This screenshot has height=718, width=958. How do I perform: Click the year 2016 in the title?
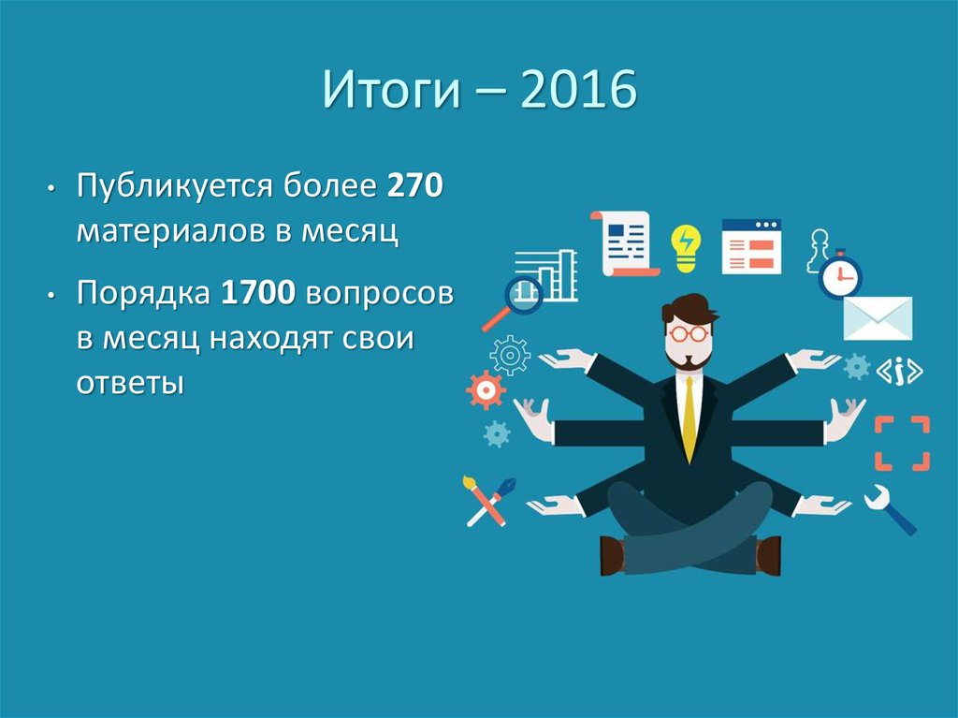coord(581,91)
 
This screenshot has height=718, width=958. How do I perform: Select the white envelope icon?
coord(877,318)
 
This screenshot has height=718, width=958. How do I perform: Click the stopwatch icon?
coord(840,275)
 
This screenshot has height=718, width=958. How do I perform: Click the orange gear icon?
coord(486,389)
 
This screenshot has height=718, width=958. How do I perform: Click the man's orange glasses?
coord(689,332)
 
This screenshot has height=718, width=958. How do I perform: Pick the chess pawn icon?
coord(819,249)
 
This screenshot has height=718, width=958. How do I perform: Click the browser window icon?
coord(751,246)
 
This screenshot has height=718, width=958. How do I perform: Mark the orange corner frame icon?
coord(902,444)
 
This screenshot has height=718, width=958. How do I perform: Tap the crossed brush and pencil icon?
coord(488,500)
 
